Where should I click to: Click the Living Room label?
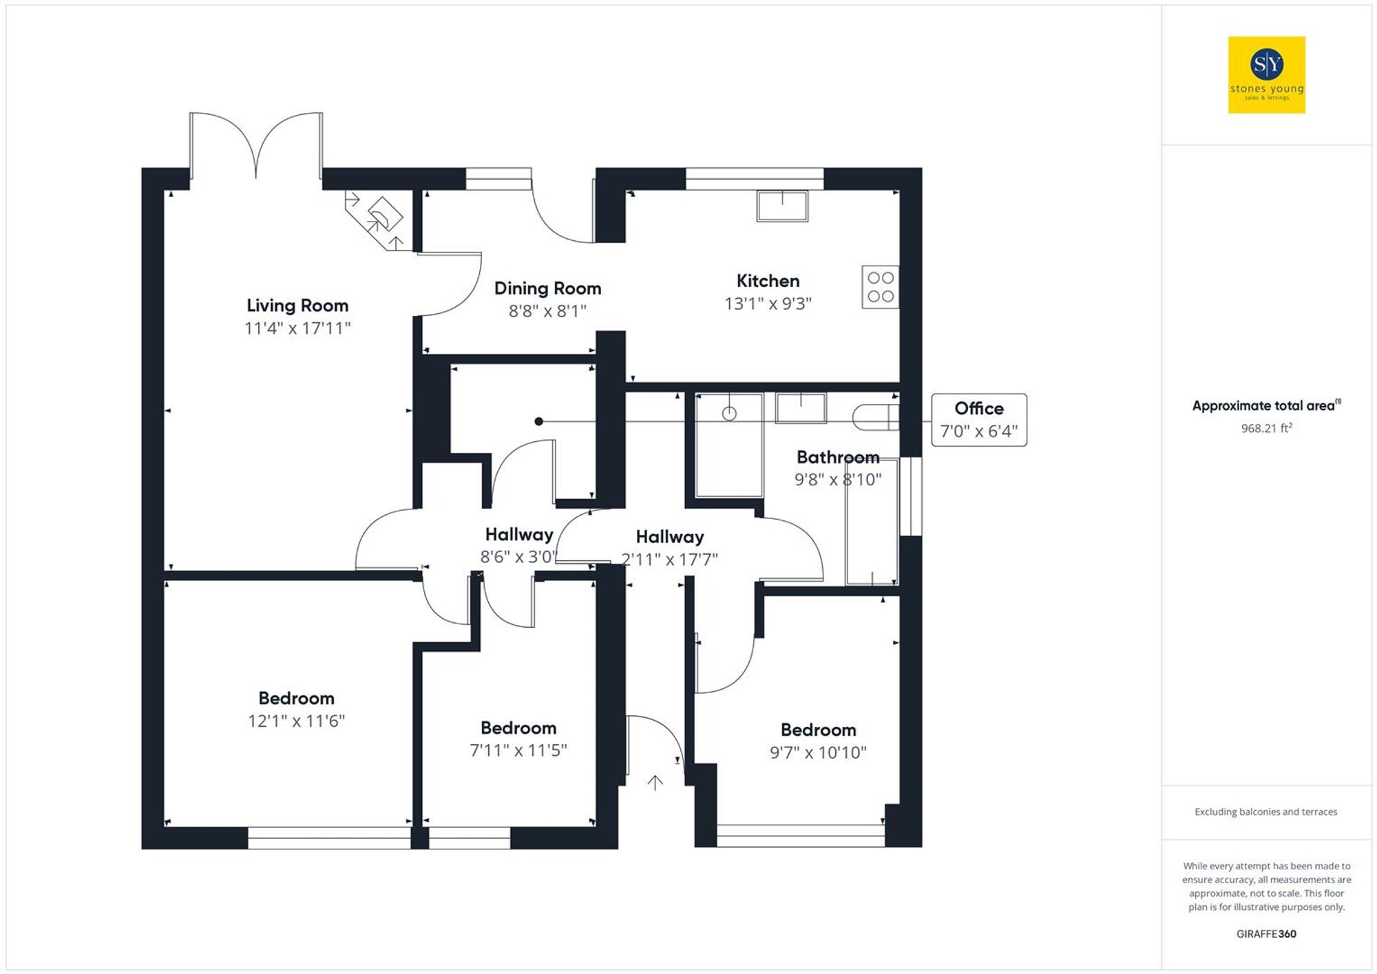[x=297, y=306]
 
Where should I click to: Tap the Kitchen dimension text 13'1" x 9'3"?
[x=768, y=304]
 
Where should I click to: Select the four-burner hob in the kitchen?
[x=880, y=287]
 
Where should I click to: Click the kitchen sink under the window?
[x=782, y=206]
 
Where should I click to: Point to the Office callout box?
[x=978, y=420]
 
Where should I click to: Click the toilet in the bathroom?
[x=875, y=417]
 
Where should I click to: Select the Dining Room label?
[x=547, y=288]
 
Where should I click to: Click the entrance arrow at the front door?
[x=655, y=783]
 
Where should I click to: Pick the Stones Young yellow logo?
[x=1266, y=75]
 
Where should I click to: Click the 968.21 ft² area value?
[x=1266, y=428]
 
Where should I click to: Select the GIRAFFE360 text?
[x=1266, y=934]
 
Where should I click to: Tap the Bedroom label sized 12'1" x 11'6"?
[x=296, y=698]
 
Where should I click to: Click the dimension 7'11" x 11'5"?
[x=518, y=750]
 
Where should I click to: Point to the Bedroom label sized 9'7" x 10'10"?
[x=818, y=730]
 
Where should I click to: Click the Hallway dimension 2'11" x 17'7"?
[x=669, y=559]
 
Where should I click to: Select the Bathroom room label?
[x=837, y=457]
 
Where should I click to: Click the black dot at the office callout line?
[x=539, y=421]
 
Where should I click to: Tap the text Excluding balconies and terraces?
[x=1265, y=812]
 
